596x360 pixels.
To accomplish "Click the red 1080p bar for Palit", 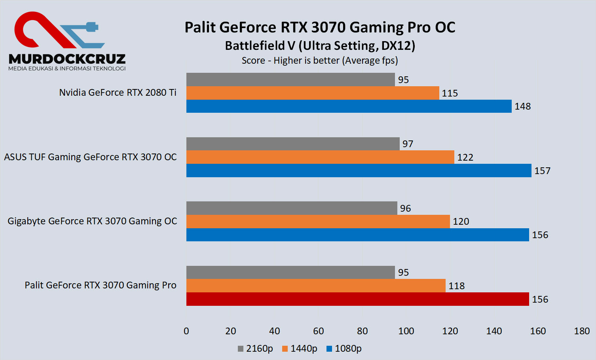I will [357, 299].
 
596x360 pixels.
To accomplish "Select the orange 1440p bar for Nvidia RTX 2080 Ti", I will [313, 93].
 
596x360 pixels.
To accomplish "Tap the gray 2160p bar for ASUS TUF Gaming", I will [293, 144].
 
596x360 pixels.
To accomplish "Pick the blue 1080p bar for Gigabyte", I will [357, 235].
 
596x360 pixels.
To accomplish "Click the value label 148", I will [522, 106].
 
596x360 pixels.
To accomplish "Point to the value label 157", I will [542, 171].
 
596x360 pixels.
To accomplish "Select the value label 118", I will [456, 286].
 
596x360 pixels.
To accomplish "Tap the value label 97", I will [408, 144].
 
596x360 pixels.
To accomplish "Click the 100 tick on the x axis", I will [406, 331].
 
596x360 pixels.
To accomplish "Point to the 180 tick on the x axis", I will [582, 331].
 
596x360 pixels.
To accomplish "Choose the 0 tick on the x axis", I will [186, 331].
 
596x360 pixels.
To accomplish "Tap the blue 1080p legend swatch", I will [329, 349].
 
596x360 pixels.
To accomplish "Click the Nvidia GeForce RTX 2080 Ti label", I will [118, 93].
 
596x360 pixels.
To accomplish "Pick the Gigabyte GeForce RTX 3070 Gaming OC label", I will [92, 221].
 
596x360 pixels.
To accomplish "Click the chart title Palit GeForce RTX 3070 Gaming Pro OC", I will [320, 27].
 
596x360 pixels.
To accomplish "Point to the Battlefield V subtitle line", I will [320, 46].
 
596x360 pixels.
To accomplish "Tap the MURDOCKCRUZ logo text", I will [67, 59].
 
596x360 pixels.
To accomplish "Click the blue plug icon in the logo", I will [91, 27].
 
